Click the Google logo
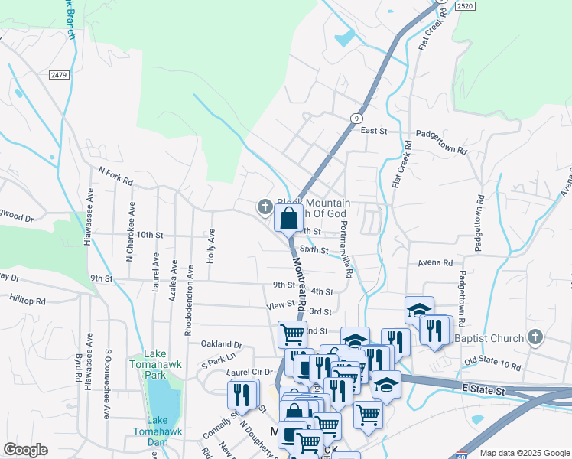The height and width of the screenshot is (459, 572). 25,450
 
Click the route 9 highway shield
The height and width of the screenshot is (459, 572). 356,117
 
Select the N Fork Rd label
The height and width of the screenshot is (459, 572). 116,177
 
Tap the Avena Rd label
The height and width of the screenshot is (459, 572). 435,263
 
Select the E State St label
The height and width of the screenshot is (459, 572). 483,390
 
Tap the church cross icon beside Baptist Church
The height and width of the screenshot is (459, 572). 535,337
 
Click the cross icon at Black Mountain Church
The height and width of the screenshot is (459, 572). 265,206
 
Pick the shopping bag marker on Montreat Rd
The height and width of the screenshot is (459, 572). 288,218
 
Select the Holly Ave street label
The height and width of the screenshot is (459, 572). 210,246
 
